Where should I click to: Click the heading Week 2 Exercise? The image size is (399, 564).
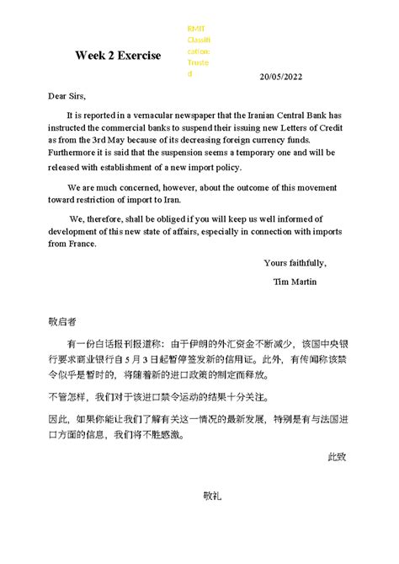(x=117, y=56)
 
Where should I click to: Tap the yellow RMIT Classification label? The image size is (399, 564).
(x=199, y=51)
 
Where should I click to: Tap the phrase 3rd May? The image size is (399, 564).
(x=140, y=142)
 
